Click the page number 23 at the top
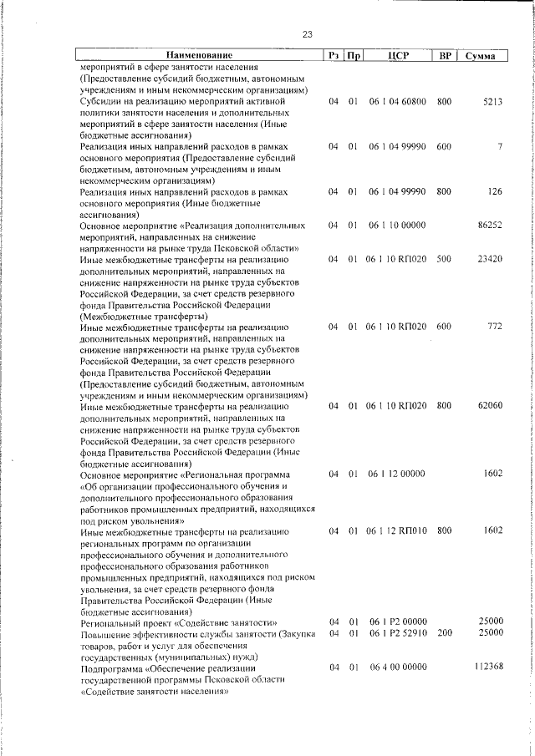pyautogui.click(x=307, y=34)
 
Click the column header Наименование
pyautogui.click(x=199, y=56)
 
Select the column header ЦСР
pyautogui.click(x=397, y=56)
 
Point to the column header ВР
pyautogui.click(x=446, y=56)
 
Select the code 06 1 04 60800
pyautogui.click(x=397, y=102)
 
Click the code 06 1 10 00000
pyautogui.click(x=397, y=226)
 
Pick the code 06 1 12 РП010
pyautogui.click(x=397, y=530)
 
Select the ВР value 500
pyautogui.click(x=444, y=260)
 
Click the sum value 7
pyautogui.click(x=499, y=147)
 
